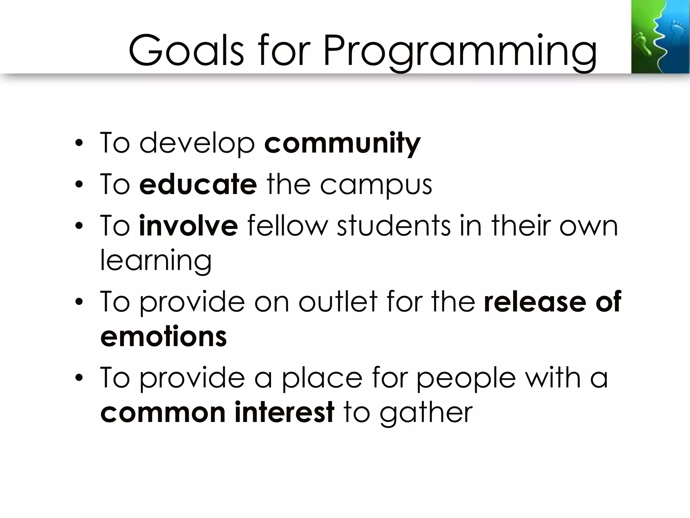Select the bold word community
click(342, 143)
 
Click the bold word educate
click(198, 184)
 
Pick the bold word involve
click(188, 226)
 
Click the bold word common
click(163, 412)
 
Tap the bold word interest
click(284, 412)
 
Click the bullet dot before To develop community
click(79, 144)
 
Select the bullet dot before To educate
click(79, 185)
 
